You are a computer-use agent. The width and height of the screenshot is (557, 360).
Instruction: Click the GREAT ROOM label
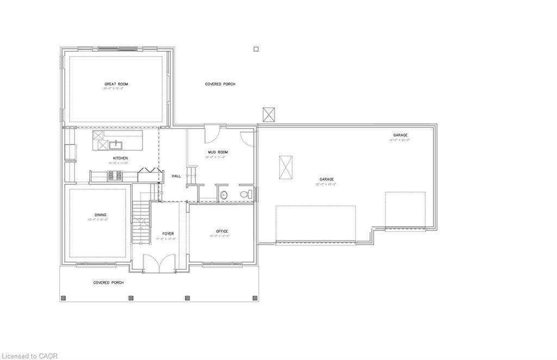point(116,84)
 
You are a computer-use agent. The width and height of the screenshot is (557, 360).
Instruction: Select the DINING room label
point(101,215)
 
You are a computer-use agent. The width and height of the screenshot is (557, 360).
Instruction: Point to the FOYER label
point(168,233)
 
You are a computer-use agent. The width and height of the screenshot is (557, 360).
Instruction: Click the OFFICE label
point(222,231)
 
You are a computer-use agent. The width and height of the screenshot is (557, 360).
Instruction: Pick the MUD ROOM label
point(218,152)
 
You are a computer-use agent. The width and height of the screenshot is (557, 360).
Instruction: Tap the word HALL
point(176,176)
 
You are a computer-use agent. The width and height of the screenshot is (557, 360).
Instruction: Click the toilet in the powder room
point(246,194)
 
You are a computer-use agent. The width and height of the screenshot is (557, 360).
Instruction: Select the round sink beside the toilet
point(224,195)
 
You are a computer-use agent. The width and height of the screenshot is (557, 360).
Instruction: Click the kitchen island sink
point(116,145)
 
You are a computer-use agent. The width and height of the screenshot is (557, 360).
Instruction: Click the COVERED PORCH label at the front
point(108,283)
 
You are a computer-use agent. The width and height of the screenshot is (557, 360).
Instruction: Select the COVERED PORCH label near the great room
point(220,84)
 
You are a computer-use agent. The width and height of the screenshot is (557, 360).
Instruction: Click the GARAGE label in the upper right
point(401,135)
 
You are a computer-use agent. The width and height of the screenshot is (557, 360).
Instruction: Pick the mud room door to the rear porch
point(212,133)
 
